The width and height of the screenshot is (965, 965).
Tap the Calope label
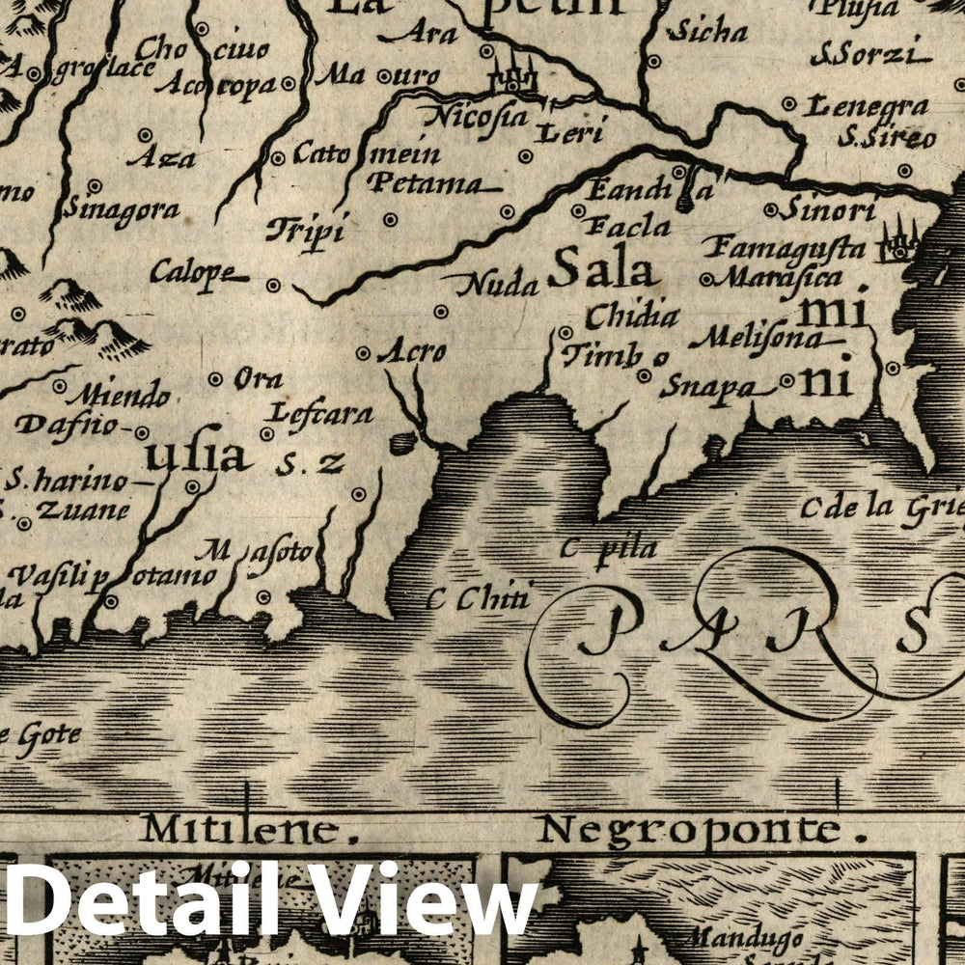(x=193, y=273)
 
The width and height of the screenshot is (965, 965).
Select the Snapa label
(x=706, y=387)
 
